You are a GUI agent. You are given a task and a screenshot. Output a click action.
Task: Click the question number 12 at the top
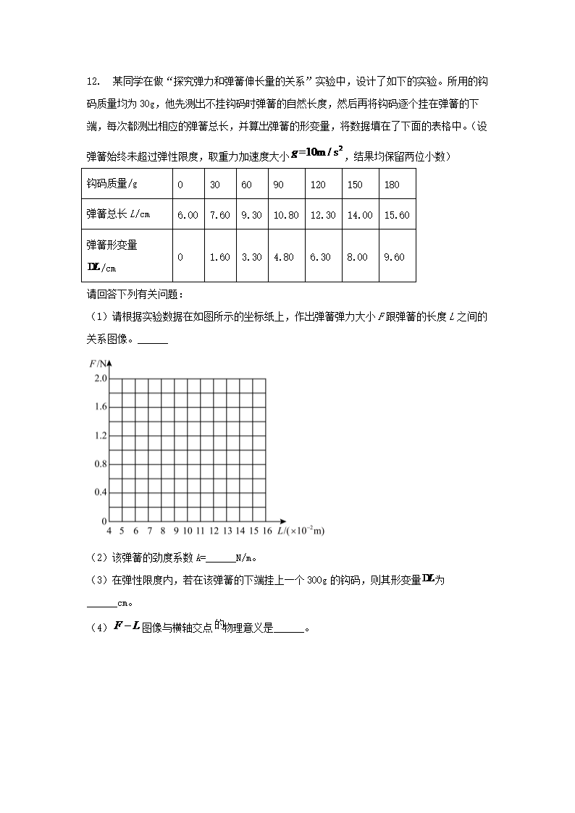[92, 81]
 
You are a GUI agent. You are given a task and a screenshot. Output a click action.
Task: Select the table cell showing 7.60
[219, 215]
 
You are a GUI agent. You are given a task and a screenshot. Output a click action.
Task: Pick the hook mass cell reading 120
[319, 185]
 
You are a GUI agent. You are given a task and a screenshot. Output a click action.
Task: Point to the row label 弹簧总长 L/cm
[118, 215]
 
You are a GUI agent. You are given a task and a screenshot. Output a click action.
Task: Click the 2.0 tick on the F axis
[100, 379]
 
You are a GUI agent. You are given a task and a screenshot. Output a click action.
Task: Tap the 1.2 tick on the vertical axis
[100, 436]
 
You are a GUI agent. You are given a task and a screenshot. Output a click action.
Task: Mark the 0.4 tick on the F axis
[100, 492]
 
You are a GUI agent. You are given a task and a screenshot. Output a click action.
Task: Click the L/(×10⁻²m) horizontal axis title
[301, 531]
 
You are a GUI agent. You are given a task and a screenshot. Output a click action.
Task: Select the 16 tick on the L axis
[267, 531]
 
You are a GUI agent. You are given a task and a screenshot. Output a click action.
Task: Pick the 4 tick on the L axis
[109, 531]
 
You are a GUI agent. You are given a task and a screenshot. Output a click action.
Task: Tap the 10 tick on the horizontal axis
[188, 531]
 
